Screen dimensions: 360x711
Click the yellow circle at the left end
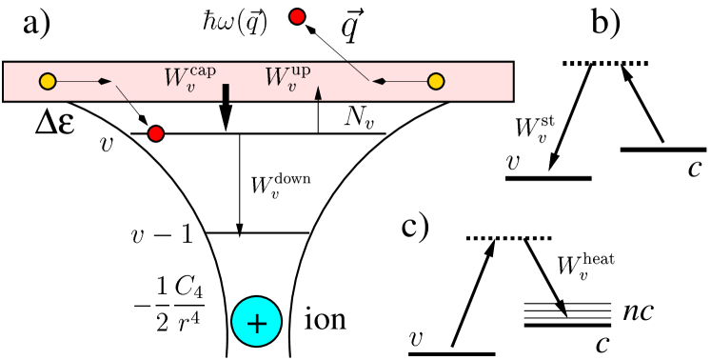(48, 82)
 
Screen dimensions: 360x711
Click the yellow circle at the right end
(436, 82)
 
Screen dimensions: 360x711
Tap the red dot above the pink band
(297, 16)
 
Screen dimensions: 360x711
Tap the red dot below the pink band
(156, 133)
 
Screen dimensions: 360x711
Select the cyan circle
(256, 322)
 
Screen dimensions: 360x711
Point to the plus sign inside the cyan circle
(256, 323)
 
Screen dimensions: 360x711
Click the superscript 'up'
(301, 70)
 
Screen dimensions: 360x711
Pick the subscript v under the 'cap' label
(191, 87)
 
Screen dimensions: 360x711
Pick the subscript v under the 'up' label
(292, 87)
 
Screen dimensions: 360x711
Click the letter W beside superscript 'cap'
(176, 78)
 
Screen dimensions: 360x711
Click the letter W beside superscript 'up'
(277, 78)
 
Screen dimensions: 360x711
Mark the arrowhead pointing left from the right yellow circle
(378, 82)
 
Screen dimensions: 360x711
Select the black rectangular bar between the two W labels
(226, 91)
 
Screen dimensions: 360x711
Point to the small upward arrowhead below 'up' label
(318, 92)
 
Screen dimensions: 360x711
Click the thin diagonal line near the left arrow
(122, 92)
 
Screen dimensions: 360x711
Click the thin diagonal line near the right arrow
(359, 71)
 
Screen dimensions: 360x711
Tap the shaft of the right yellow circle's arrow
(405, 82)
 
